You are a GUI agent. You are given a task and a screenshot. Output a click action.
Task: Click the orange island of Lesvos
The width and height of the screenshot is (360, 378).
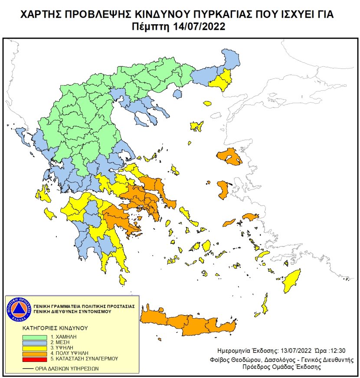(230, 156)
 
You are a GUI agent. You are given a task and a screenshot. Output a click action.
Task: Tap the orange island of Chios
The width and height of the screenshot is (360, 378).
(223, 190)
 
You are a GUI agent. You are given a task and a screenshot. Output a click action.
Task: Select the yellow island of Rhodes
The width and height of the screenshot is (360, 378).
(292, 281)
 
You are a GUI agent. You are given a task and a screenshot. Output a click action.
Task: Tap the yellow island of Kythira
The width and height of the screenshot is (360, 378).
(123, 281)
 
